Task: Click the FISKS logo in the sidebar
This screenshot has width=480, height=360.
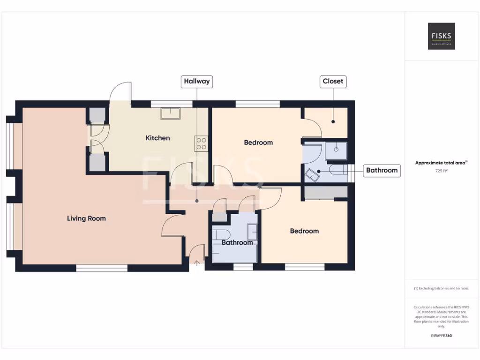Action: [x=441, y=36]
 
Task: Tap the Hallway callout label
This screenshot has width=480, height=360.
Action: [x=197, y=81]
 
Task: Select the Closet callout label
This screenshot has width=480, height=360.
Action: [x=333, y=81]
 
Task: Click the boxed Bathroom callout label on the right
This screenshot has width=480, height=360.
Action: [x=382, y=170]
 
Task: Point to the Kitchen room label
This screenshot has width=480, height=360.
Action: [x=157, y=138]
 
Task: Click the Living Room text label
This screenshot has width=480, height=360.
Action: [x=86, y=218]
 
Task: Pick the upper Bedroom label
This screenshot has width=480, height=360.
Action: [x=258, y=142]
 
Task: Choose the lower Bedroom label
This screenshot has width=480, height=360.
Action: [x=304, y=231]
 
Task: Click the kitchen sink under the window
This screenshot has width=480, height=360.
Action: [x=171, y=113]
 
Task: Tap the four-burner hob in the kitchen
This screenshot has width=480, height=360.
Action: [x=201, y=143]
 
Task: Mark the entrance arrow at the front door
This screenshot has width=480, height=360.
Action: [x=196, y=263]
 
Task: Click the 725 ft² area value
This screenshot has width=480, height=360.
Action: [x=441, y=171]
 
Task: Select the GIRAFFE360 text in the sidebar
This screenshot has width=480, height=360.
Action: [x=441, y=336]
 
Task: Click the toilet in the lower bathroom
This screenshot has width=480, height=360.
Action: [x=220, y=234]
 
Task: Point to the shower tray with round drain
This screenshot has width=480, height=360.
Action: [x=336, y=150]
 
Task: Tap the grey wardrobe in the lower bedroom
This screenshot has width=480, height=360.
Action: [x=326, y=192]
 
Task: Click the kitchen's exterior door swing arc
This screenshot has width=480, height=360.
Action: [x=120, y=91]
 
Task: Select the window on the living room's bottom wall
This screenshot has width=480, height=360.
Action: [x=102, y=268]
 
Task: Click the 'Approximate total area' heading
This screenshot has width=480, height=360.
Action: [x=441, y=163]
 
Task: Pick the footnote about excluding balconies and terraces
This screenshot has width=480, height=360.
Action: [x=441, y=288]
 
